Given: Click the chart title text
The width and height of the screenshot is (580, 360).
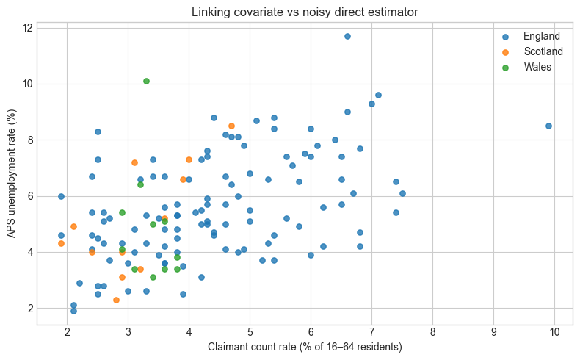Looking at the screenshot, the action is [x=305, y=12].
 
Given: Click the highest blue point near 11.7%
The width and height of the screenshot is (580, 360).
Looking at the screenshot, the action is [x=347, y=36].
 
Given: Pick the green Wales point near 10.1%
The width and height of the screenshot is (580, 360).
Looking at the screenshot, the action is [x=147, y=82].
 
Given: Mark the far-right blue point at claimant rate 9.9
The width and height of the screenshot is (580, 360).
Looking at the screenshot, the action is [x=548, y=126].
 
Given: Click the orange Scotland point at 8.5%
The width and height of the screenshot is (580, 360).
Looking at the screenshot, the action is [x=231, y=126].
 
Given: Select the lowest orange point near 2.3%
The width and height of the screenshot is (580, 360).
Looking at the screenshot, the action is [x=116, y=300].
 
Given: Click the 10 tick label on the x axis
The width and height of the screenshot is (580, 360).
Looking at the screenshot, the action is [x=554, y=332].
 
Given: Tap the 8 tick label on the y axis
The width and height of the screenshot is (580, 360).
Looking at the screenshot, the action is [x=29, y=140].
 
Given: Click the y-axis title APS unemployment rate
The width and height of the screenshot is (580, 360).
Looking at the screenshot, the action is [x=12, y=173].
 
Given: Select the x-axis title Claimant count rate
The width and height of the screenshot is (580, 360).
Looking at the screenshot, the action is [x=305, y=347].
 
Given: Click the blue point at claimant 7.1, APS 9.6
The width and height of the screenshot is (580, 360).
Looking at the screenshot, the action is [x=378, y=96].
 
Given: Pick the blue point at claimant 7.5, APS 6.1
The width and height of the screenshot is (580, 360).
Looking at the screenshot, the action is [x=402, y=193].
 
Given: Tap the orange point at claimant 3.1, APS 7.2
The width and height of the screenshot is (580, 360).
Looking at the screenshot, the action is [x=134, y=163].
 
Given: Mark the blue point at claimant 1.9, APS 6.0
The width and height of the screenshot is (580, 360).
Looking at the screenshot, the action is [x=62, y=196].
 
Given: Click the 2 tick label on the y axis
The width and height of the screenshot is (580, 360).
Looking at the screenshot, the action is [x=29, y=309].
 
